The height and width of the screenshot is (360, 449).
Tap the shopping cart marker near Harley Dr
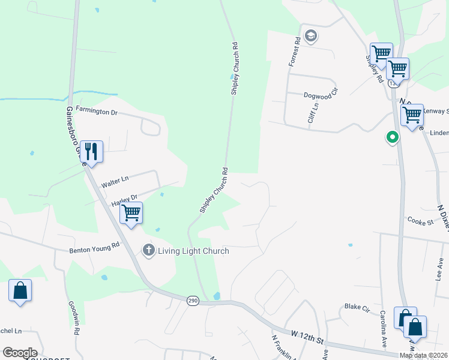click(131, 212)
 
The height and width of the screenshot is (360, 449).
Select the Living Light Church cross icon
click(148, 250)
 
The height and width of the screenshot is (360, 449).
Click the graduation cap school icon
click(310, 36)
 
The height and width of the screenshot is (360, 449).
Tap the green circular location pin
click(392, 138)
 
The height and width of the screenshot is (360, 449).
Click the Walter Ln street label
click(115, 179)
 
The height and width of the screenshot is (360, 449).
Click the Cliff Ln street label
click(312, 113)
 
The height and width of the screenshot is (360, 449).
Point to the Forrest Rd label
click(294, 51)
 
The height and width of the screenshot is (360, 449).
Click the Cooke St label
click(421, 222)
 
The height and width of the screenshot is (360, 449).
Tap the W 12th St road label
click(307, 337)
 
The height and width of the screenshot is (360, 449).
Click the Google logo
click(20, 353)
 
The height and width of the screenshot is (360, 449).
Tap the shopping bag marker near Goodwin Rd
click(20, 291)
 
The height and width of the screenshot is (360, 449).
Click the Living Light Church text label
click(193, 251)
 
